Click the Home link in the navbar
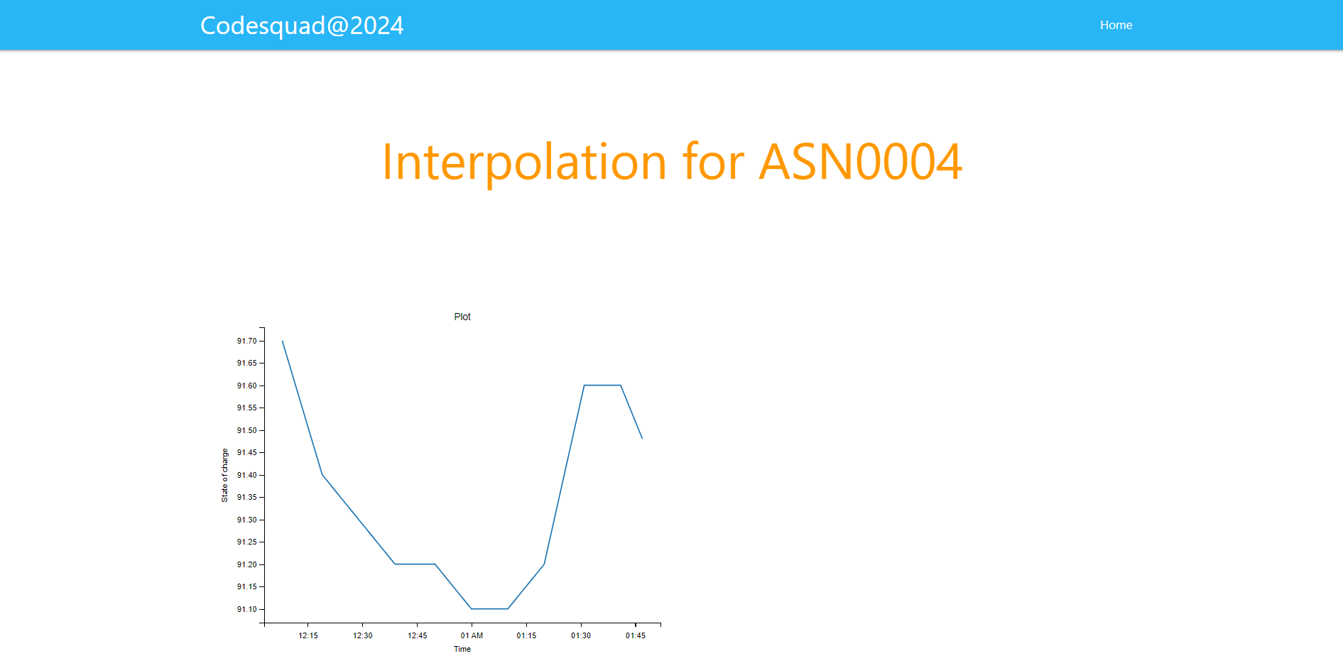click(x=1116, y=25)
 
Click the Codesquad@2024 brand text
click(x=302, y=26)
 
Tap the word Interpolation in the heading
click(x=523, y=162)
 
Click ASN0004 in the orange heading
click(x=860, y=162)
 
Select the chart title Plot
click(x=462, y=317)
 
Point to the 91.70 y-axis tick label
click(x=246, y=341)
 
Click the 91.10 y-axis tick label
click(x=246, y=609)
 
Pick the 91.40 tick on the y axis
click(x=246, y=475)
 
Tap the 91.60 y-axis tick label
click(x=246, y=386)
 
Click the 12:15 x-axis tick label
click(x=308, y=635)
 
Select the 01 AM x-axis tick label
click(x=472, y=635)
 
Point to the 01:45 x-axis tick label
click(x=636, y=635)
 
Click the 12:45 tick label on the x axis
click(x=418, y=635)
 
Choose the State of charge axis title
click(x=224, y=475)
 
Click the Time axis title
click(x=462, y=649)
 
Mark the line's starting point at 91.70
click(x=283, y=341)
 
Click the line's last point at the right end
click(x=642, y=438)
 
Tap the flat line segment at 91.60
click(x=602, y=386)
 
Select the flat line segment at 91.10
click(x=489, y=608)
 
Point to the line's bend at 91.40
click(x=322, y=474)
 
